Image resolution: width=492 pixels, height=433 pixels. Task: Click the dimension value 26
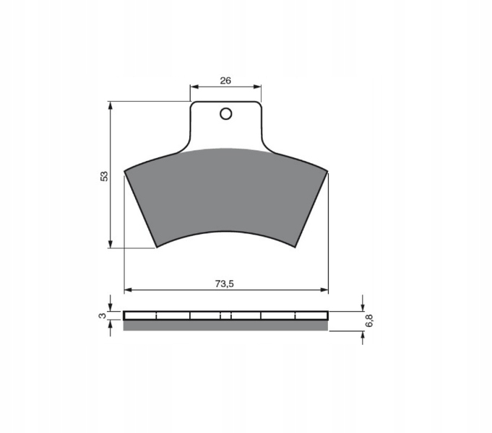click(x=225, y=81)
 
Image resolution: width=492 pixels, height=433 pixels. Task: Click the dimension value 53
click(x=104, y=176)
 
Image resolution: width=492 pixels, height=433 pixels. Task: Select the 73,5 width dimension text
click(x=225, y=284)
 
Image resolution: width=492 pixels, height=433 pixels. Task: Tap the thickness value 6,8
click(x=369, y=320)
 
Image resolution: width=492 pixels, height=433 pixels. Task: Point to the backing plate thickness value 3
click(x=103, y=316)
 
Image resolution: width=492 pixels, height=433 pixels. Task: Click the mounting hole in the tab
click(x=226, y=114)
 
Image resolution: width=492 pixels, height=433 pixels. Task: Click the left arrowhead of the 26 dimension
click(x=194, y=87)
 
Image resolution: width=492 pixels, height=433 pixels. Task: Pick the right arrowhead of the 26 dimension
click(x=257, y=87)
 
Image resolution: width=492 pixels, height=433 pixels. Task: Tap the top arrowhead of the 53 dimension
click(x=110, y=105)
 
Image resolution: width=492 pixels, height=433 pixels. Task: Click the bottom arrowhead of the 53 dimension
click(x=110, y=244)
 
